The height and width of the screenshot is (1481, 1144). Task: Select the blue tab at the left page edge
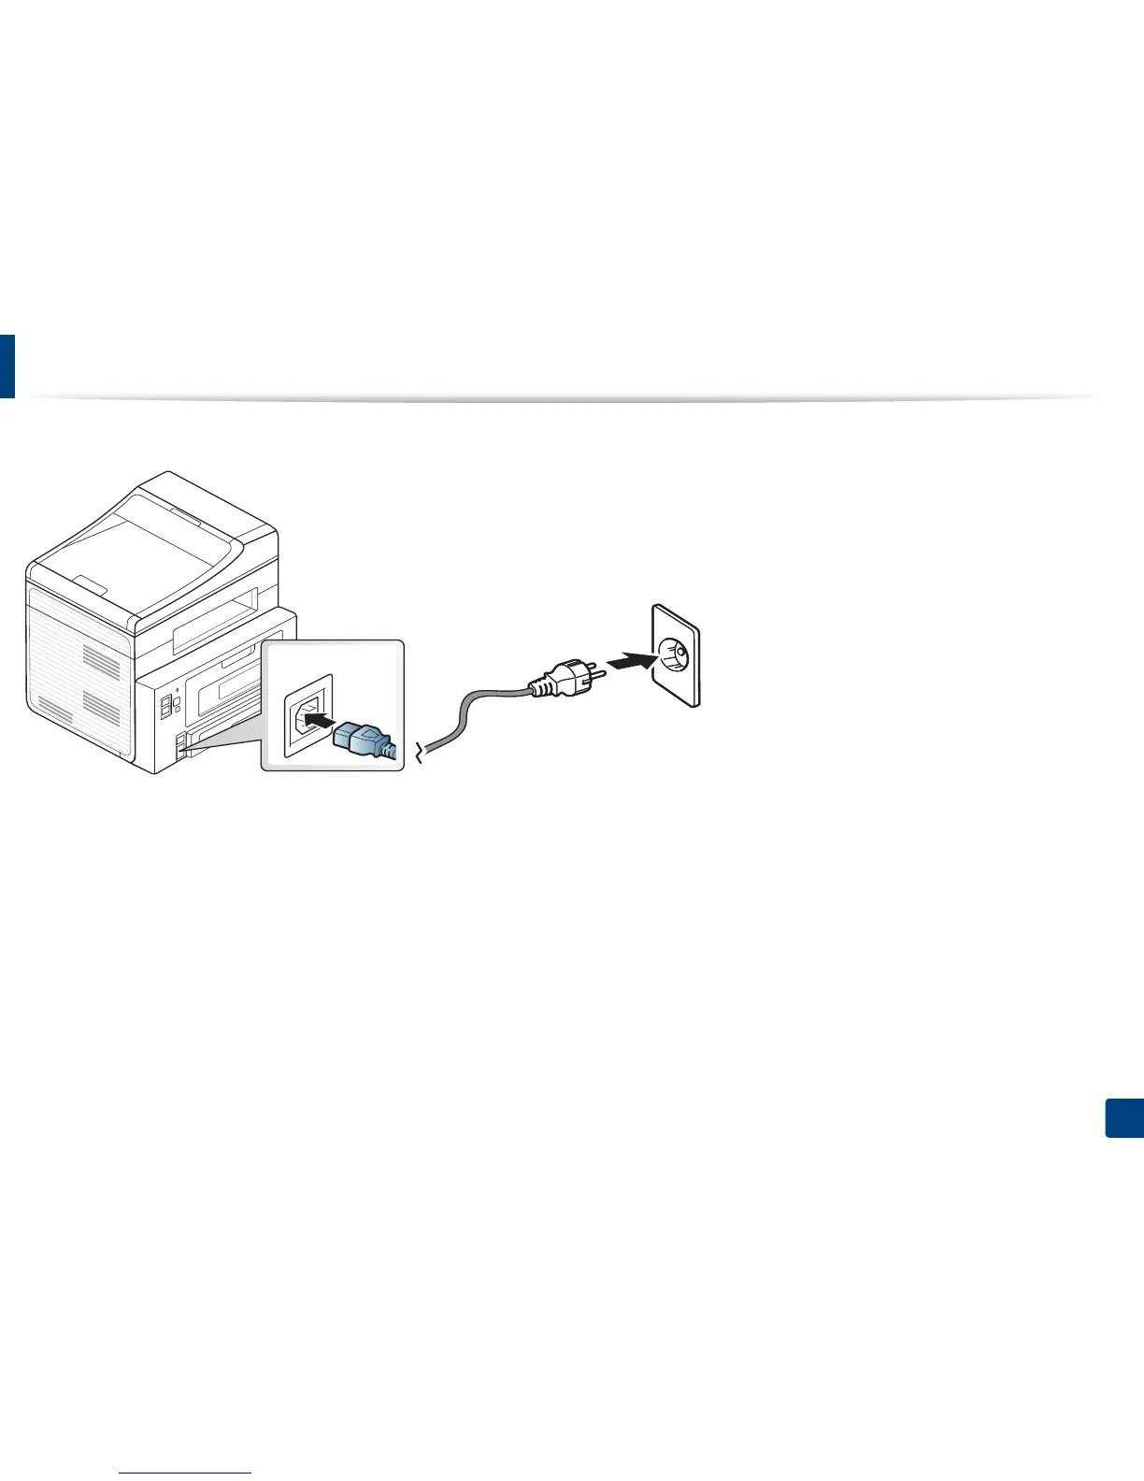(7, 366)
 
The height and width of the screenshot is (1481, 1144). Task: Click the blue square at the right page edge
(1124, 1118)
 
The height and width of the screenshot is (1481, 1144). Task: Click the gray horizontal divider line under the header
(561, 398)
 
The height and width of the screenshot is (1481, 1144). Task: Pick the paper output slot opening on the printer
(215, 622)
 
